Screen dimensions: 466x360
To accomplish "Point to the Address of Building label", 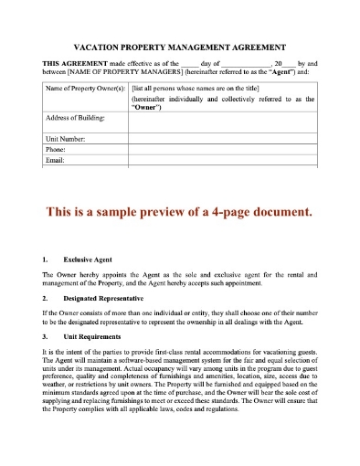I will point(74,119).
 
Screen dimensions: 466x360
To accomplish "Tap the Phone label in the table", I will point(55,148).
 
